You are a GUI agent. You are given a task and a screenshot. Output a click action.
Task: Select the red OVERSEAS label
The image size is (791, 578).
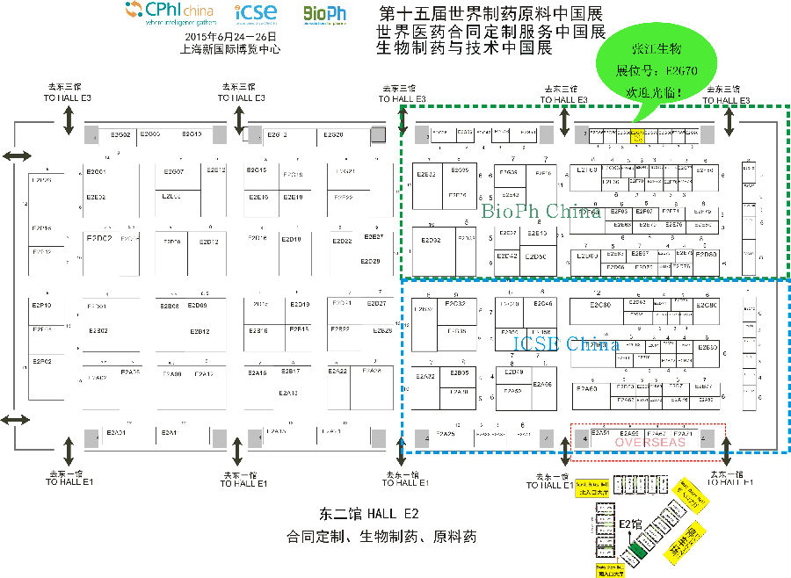tap(649, 443)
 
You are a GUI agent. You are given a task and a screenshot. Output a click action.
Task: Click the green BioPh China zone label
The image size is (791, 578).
tap(541, 212)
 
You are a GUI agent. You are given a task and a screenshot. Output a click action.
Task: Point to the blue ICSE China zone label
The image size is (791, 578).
tap(566, 343)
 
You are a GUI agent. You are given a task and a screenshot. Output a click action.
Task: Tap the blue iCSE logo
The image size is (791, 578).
tap(256, 13)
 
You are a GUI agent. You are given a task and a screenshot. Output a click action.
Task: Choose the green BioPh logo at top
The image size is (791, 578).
tap(324, 14)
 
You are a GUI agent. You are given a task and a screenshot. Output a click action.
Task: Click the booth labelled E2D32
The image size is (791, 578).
tap(431, 239)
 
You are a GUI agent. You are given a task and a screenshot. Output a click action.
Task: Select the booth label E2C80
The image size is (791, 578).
tap(601, 305)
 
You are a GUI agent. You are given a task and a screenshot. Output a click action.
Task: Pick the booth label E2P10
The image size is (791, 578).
tap(42, 305)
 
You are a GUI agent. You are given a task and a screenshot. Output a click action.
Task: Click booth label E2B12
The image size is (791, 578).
tap(200, 331)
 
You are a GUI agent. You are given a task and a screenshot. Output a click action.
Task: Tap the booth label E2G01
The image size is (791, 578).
tap(96, 170)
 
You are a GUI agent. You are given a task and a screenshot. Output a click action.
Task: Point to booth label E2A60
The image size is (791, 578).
tap(586, 387)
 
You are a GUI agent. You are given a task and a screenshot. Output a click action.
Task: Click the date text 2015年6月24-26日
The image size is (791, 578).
tap(231, 37)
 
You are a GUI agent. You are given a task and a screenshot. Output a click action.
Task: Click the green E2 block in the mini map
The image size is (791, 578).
tap(635, 553)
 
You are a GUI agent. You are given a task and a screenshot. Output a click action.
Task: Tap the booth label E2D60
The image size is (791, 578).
tap(706, 254)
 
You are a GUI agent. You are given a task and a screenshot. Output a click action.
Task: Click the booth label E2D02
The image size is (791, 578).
tap(99, 238)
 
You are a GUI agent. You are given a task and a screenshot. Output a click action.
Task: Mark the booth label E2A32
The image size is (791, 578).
tap(425, 376)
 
